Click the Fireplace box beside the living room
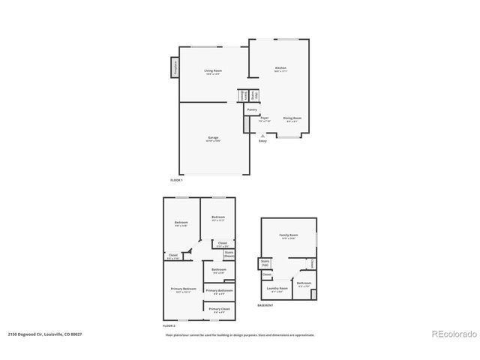pyautogui.click(x=174, y=66)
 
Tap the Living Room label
pyautogui.click(x=214, y=71)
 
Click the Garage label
pyautogui.click(x=214, y=138)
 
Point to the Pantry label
pyautogui.click(x=252, y=109)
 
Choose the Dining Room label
pyautogui.click(x=292, y=118)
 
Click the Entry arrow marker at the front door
pyautogui.click(x=262, y=136)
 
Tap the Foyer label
pyautogui.click(x=264, y=118)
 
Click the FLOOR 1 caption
pyautogui.click(x=177, y=180)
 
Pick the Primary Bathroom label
pyautogui.click(x=218, y=291)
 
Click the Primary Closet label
pyautogui.click(x=219, y=309)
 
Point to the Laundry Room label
pyautogui.click(x=277, y=288)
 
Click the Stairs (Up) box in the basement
pyautogui.click(x=265, y=264)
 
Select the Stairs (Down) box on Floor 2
pyautogui.click(x=229, y=255)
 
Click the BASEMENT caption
pyautogui.click(x=265, y=306)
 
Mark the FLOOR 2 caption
pyautogui.click(x=169, y=326)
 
